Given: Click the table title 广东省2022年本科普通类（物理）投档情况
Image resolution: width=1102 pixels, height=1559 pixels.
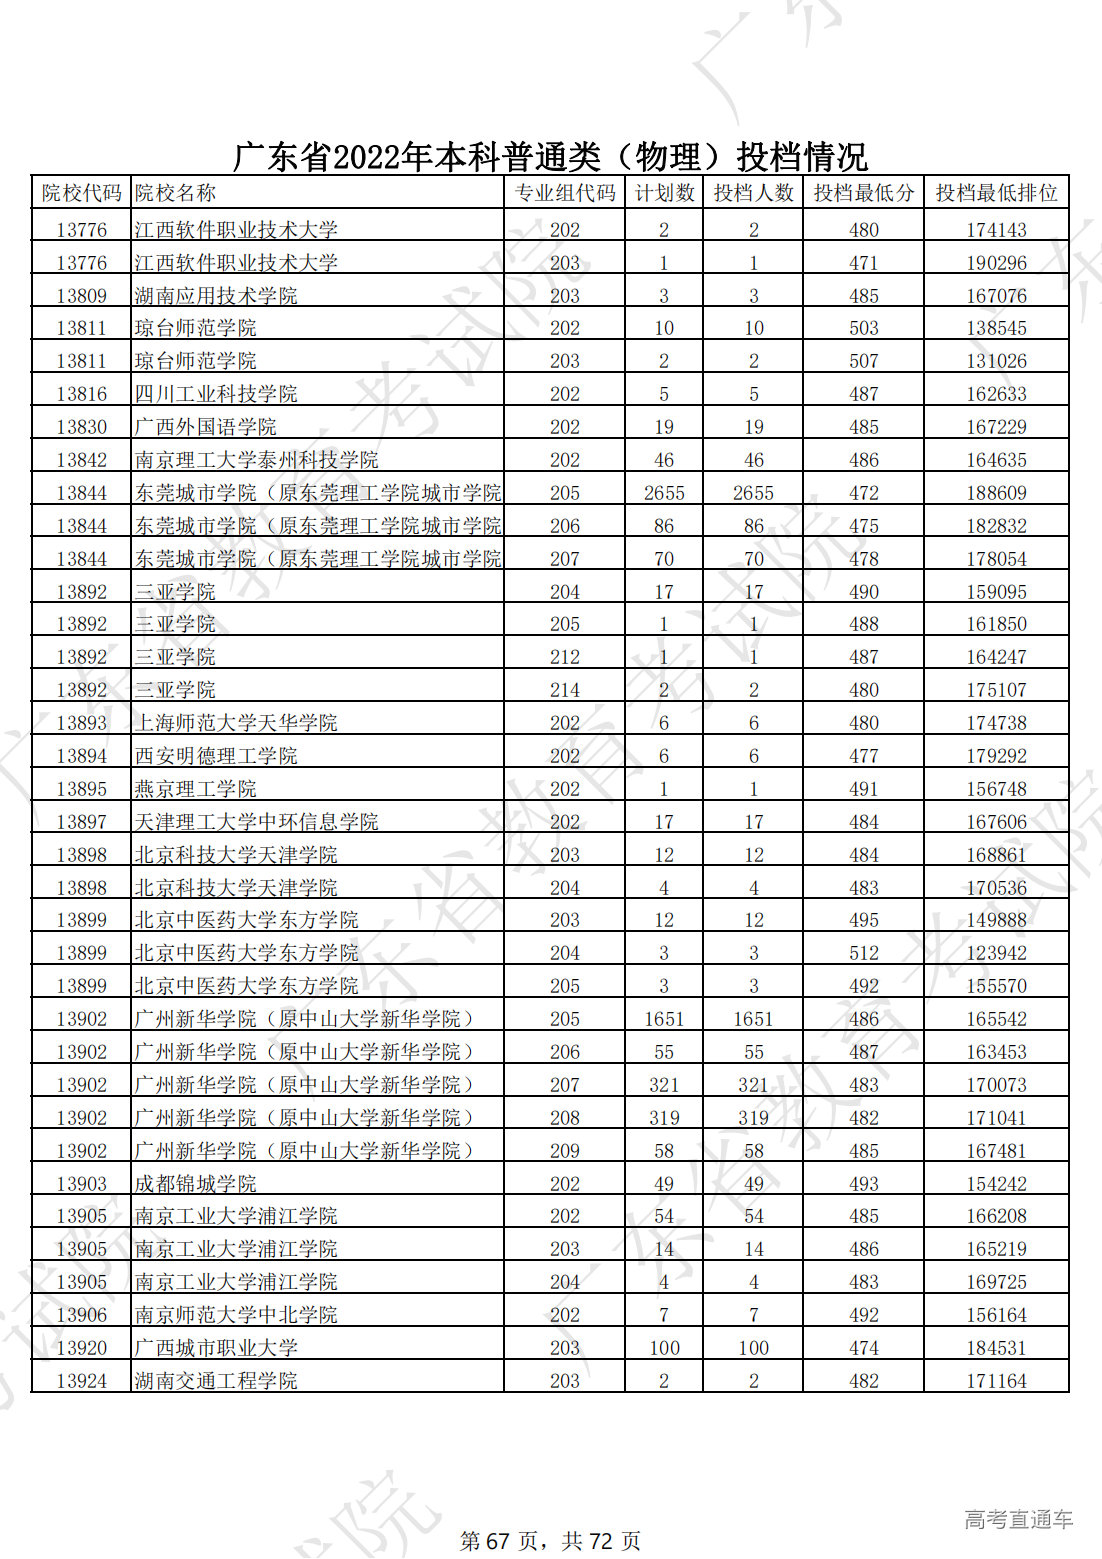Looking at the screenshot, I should click(x=550, y=157).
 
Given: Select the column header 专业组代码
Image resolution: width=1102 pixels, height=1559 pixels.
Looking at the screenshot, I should click(x=564, y=193).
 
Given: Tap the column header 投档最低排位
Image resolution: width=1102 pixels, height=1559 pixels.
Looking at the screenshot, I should click(x=996, y=193).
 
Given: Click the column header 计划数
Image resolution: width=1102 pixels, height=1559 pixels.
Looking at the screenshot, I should click(x=664, y=193).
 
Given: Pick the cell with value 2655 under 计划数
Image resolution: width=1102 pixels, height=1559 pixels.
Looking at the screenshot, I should click(x=664, y=493).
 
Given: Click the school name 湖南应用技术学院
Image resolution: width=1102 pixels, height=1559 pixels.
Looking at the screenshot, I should click(x=216, y=296).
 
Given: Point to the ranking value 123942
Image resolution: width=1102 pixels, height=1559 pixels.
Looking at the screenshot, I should click(x=996, y=953).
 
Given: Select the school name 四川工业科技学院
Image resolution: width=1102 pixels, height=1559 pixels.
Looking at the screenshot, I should click(x=216, y=394).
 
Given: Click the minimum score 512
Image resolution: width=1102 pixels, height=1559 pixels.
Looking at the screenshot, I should click(x=863, y=953).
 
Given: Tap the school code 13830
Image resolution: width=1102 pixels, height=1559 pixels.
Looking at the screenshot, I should click(x=81, y=427).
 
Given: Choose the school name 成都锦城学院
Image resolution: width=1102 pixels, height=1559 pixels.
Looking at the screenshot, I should click(x=196, y=1184).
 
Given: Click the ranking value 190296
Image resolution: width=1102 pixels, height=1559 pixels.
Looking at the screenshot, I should click(x=996, y=263).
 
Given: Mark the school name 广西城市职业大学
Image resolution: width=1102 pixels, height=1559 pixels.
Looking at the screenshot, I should click(x=216, y=1348).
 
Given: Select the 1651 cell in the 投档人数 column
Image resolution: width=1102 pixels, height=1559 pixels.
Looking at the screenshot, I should click(x=753, y=1019).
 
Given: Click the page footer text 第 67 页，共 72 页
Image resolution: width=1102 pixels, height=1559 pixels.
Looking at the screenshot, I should click(x=550, y=1541).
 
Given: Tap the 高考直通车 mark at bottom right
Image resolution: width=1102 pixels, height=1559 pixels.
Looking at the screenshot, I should click(x=1018, y=1520).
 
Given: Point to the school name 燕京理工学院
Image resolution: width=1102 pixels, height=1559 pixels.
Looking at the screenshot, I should click(x=196, y=789).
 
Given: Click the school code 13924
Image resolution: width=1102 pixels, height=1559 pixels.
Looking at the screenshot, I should click(x=81, y=1381).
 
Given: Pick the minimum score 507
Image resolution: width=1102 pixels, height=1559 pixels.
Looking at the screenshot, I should click(x=863, y=361).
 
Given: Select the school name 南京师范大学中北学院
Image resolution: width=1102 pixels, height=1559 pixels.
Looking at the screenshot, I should click(x=236, y=1315).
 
